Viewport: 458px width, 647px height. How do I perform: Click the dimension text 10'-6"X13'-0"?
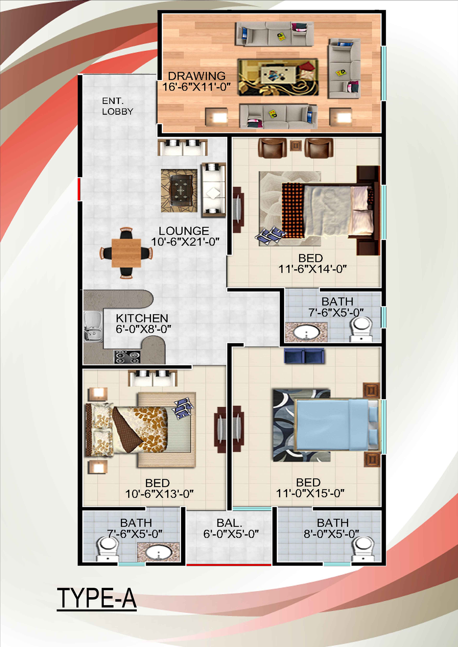[x=159, y=494]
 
